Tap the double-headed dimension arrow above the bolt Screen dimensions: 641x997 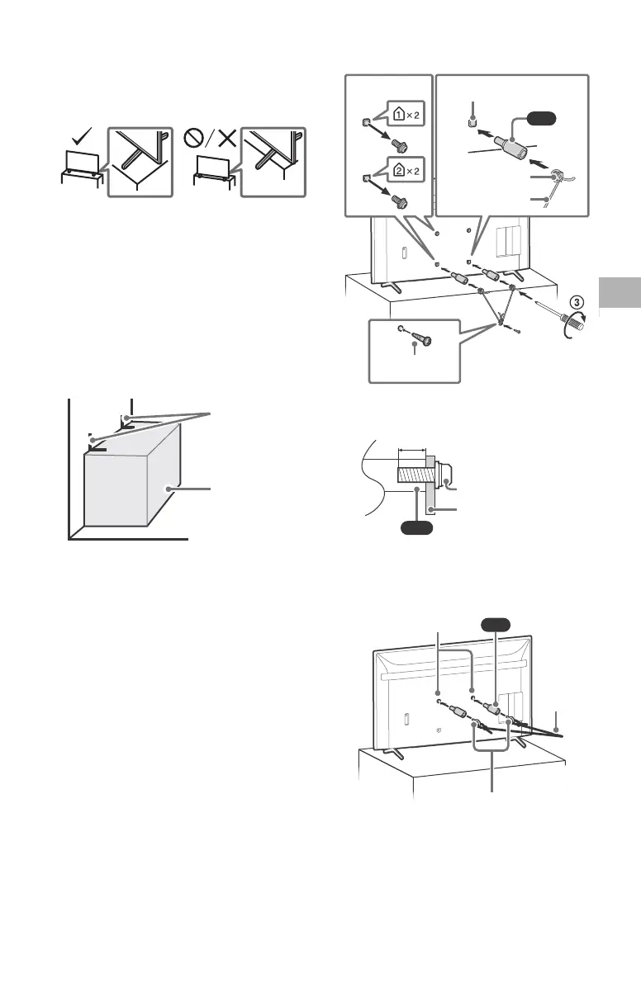click(x=411, y=451)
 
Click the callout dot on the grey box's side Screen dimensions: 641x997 click(x=169, y=489)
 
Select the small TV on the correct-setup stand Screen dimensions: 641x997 click(x=82, y=163)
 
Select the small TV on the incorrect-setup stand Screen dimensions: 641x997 click(x=212, y=164)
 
